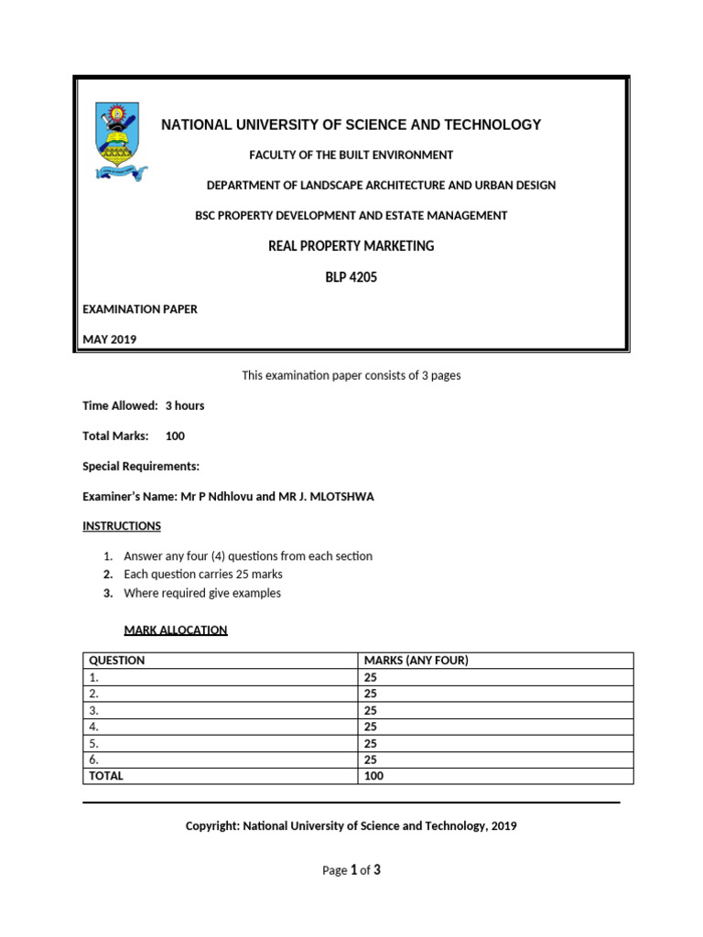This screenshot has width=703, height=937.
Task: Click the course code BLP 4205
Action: point(351,277)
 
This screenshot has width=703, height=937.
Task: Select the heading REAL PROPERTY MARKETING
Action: point(351,246)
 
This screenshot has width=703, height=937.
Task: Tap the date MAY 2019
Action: point(109,339)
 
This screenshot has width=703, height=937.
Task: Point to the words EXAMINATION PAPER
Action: point(140,309)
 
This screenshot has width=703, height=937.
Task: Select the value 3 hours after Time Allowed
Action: point(185,405)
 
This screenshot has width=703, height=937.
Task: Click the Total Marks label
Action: point(115,436)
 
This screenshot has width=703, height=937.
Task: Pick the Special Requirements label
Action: point(141,466)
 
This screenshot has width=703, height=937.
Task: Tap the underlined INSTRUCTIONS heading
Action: point(122,526)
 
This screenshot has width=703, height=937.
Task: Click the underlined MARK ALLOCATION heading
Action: point(176,630)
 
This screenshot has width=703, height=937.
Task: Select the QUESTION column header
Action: point(116,661)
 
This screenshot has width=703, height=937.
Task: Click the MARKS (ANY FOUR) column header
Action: point(416,661)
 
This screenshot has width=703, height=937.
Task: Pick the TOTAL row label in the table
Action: point(105,776)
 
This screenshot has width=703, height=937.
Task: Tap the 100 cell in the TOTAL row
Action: point(374,776)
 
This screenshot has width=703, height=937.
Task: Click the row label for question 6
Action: point(93,759)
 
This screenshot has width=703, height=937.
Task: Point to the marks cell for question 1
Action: point(371,677)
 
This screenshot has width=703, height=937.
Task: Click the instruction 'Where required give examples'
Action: point(202,593)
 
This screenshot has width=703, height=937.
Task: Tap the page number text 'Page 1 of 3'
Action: point(351,870)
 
